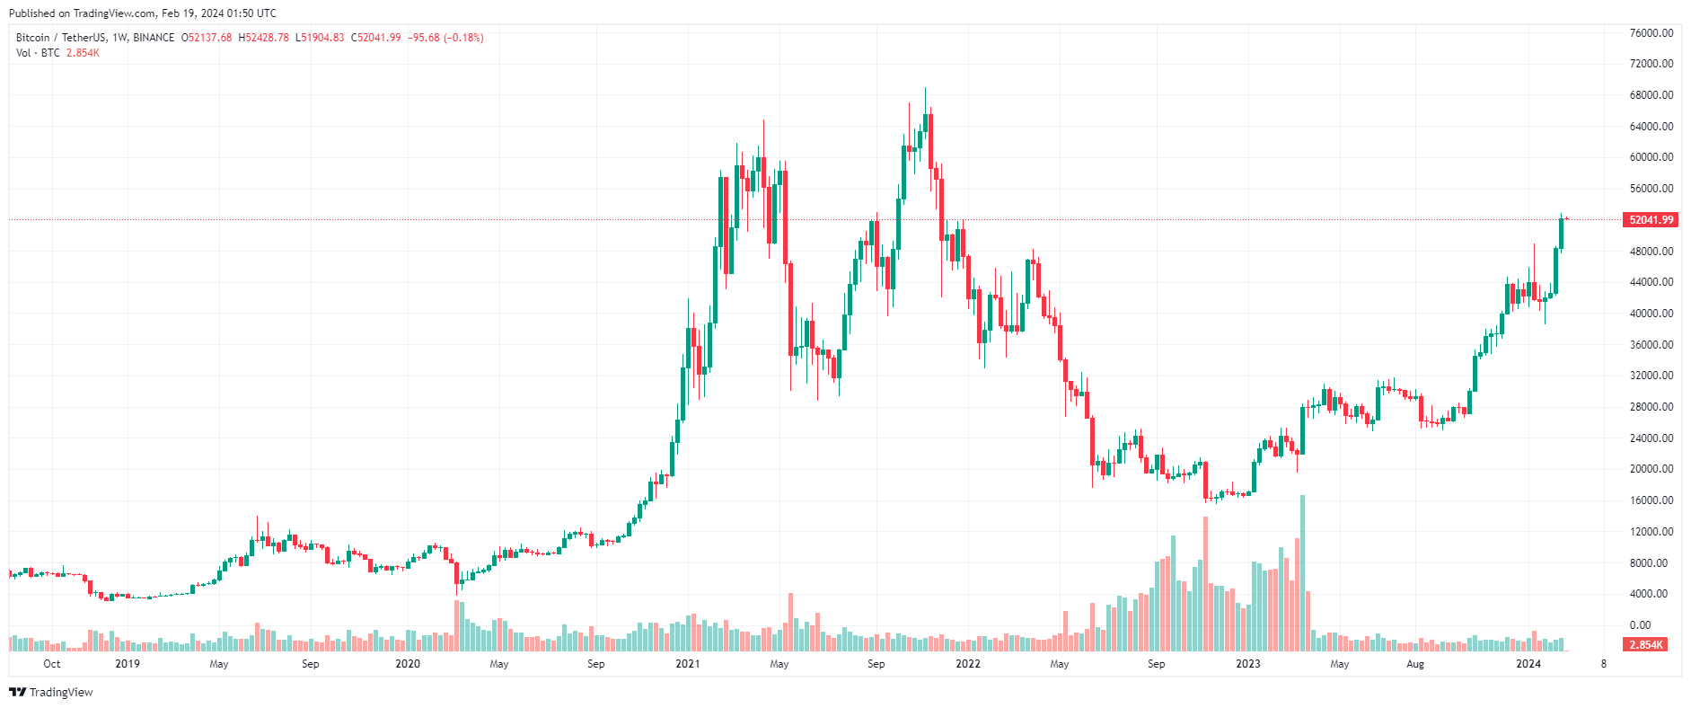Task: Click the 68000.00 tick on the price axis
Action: click(1651, 95)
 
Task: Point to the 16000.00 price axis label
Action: click(1651, 500)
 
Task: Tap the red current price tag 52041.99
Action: click(1651, 220)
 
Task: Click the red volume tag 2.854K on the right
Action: click(1645, 645)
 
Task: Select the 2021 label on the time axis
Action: click(688, 664)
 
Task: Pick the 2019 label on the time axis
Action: click(128, 664)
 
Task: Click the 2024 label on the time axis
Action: click(1528, 664)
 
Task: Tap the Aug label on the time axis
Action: click(1414, 664)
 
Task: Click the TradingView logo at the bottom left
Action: click(51, 692)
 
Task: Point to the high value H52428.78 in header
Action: click(263, 38)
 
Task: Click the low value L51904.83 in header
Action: click(320, 38)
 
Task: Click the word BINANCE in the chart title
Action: click(154, 38)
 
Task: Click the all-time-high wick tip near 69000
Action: click(925, 89)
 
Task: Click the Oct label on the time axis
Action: click(52, 664)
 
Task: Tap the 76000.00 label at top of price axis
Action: click(1651, 33)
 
